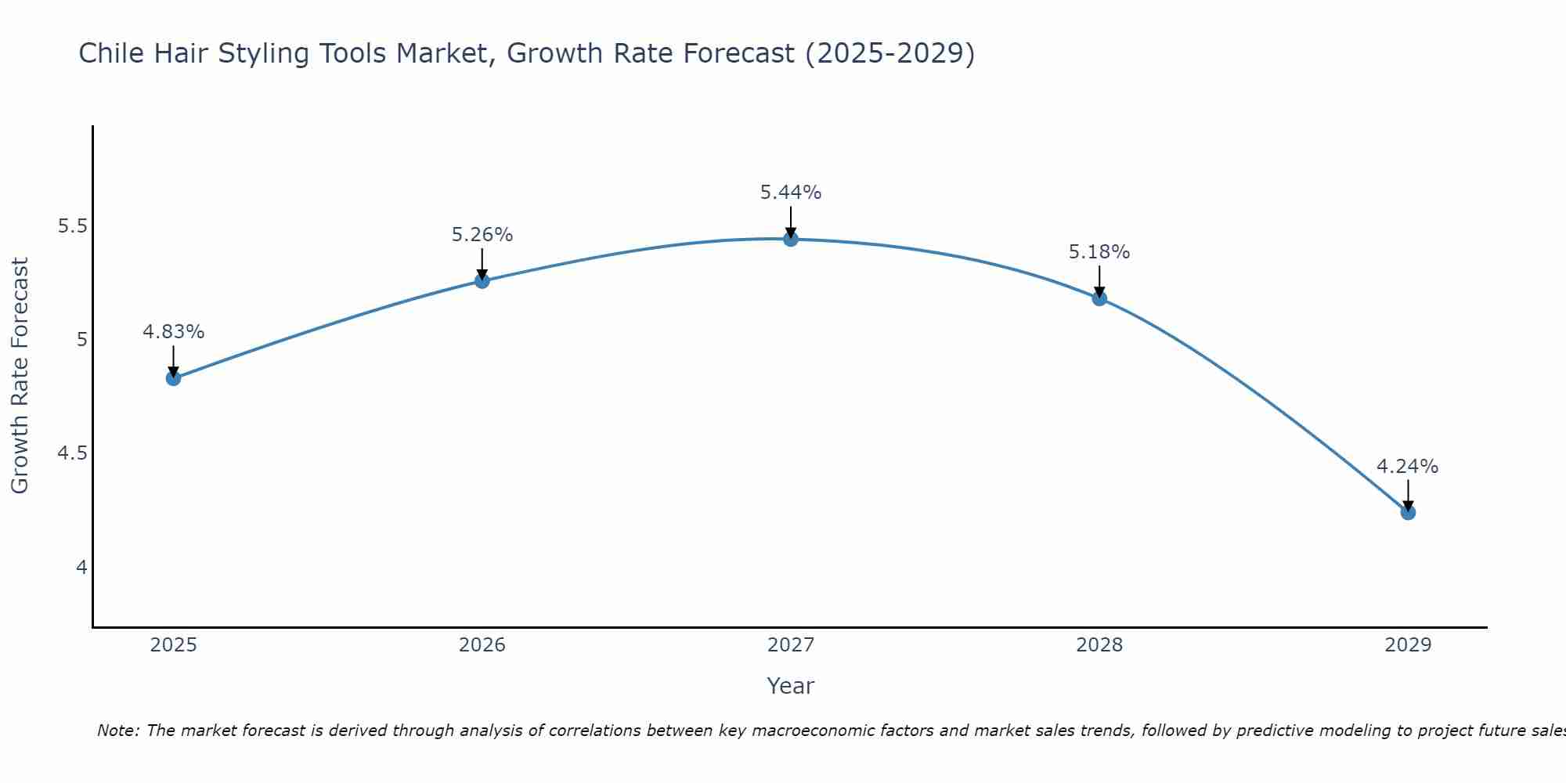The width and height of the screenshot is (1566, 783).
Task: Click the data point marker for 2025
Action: [173, 378]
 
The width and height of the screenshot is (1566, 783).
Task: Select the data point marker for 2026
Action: [482, 280]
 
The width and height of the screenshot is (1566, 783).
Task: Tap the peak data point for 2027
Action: [791, 239]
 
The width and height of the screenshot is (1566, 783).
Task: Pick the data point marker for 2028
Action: [1099, 298]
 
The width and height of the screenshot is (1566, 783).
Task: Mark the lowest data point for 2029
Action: [1408, 512]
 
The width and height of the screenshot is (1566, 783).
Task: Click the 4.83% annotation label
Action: [173, 332]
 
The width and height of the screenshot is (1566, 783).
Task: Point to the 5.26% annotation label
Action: [482, 235]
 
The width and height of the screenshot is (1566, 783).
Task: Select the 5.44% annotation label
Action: [791, 193]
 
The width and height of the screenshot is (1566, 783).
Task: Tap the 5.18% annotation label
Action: [1099, 252]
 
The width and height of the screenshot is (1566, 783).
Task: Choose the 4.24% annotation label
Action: [1407, 467]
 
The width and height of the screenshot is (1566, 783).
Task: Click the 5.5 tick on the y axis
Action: [73, 226]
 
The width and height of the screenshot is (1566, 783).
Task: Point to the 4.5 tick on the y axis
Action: [73, 453]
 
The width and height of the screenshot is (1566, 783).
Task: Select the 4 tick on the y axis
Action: [81, 567]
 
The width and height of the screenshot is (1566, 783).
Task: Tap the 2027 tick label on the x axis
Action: [791, 645]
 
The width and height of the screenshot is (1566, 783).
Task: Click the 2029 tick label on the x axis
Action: [1408, 645]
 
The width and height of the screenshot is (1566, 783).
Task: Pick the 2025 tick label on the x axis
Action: [173, 645]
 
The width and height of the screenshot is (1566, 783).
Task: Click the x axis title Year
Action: [791, 686]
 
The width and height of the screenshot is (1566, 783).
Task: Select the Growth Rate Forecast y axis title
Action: [20, 376]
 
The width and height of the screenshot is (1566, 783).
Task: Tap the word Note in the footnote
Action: [117, 731]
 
